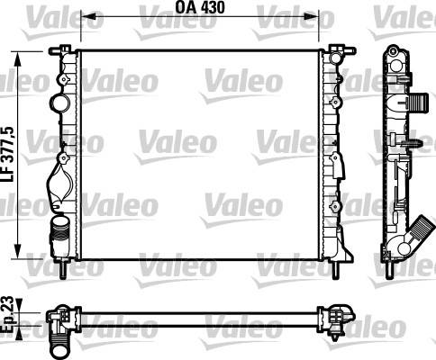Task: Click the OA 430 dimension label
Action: point(200,7)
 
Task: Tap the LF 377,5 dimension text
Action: point(8,155)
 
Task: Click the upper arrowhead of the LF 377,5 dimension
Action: point(18,58)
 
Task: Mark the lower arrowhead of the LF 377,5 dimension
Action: point(18,251)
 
